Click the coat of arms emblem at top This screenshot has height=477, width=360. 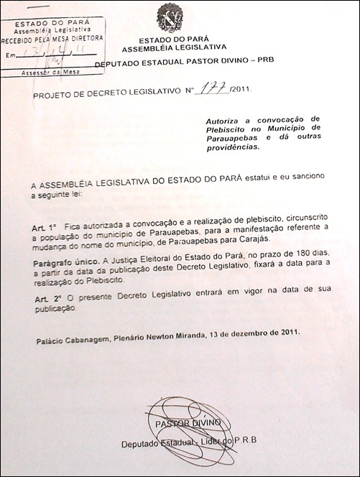170,17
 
